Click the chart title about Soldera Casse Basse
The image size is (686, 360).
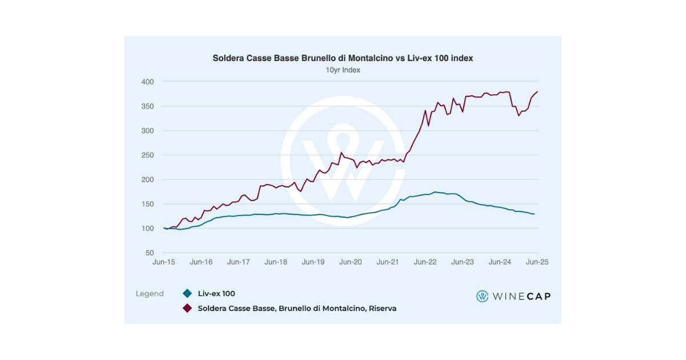coord(343,58)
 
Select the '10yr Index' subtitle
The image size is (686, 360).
coord(343,70)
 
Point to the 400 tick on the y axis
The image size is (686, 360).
coord(147,82)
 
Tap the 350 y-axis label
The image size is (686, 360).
coord(147,106)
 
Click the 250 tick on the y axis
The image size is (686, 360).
coord(147,155)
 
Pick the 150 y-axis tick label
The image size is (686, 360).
coord(147,204)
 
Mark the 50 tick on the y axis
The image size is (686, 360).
coord(149,253)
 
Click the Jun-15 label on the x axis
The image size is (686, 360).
coord(164,262)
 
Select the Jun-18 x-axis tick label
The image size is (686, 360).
coord(276,262)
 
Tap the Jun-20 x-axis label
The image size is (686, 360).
coord(350,262)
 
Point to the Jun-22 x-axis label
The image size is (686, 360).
coord(425,262)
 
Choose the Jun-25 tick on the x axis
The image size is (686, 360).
coord(537,262)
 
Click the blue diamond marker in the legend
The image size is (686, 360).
coord(186,294)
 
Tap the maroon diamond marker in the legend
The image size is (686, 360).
coord(186,308)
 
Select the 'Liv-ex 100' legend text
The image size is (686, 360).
coord(217,294)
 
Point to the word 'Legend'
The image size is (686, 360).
coord(150,294)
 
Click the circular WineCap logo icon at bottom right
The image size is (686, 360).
coord(482,296)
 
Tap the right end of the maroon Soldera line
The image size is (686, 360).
coord(537,92)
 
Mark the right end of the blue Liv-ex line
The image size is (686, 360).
coord(535,214)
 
